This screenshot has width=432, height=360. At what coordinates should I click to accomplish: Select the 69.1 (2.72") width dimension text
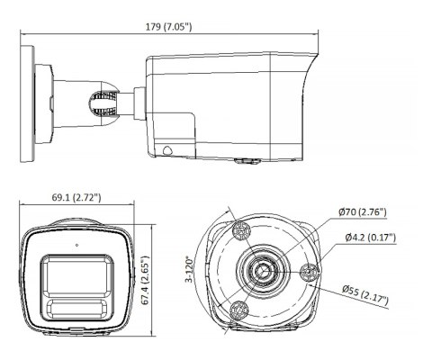76,197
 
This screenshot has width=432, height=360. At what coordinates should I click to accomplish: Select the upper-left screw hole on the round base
239,229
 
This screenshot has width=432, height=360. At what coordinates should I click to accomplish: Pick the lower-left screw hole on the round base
238,310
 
